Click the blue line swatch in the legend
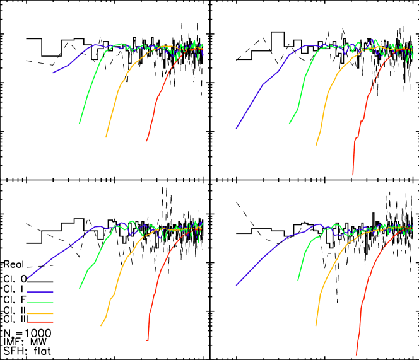[40, 292]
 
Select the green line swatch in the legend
[40, 303]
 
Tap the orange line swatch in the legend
[40, 313]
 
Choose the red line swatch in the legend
[40, 322]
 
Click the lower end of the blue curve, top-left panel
[53, 73]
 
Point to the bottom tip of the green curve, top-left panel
[79, 124]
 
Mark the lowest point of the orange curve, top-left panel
[106, 137]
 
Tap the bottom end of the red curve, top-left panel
[146, 141]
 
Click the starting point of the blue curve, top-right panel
[237, 128]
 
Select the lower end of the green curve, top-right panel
[290, 124]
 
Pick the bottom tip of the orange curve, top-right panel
[316, 146]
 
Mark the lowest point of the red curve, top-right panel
[353, 175]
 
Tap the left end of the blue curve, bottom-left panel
[27, 278]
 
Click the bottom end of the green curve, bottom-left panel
[80, 288]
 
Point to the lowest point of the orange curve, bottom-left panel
[101, 326]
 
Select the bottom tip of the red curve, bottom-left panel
[147, 340]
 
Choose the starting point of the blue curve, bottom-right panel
[237, 285]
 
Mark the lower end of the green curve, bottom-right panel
[298, 280]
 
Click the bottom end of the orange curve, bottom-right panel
[316, 326]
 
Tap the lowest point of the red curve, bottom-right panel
[357, 355]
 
